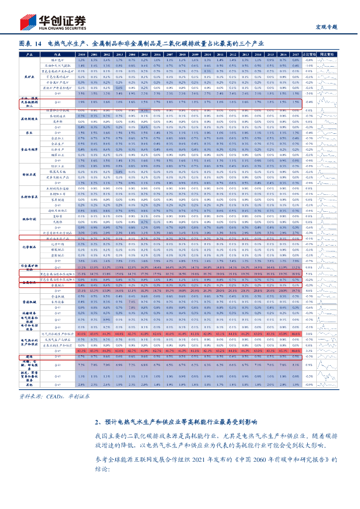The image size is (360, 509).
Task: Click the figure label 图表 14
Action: pyautogui.click(x=29, y=44)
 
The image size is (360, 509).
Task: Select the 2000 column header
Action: pyautogui.click(x=82, y=54)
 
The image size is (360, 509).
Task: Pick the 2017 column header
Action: pyautogui.click(x=295, y=54)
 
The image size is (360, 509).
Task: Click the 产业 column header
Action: pyautogui.click(x=29, y=54)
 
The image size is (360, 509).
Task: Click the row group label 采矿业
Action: pyautogui.click(x=29, y=76)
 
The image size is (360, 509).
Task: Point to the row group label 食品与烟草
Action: pyautogui.click(x=29, y=149)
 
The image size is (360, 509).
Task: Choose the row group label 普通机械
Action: pyautogui.click(x=29, y=301)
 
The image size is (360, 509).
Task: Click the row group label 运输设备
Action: pyautogui.click(x=29, y=313)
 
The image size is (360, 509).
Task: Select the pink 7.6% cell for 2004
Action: pyautogui.click(x=131, y=302)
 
